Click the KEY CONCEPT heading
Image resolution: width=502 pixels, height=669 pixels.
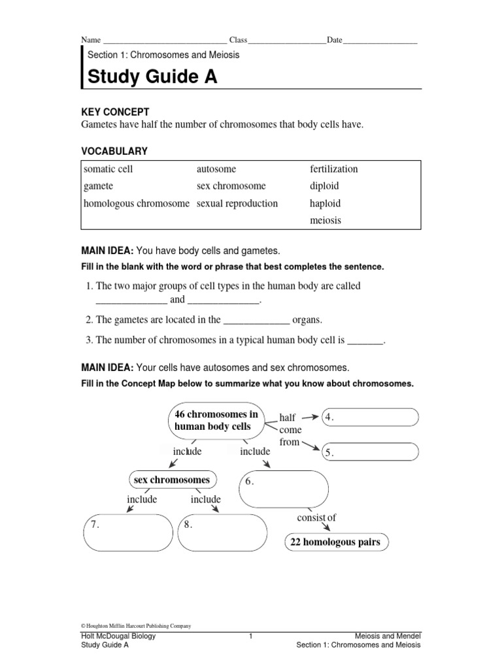(x=115, y=112)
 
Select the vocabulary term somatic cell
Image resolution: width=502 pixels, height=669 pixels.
(x=109, y=169)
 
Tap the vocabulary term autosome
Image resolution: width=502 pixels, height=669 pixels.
(x=216, y=169)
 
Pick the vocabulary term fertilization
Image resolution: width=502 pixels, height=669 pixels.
(x=334, y=169)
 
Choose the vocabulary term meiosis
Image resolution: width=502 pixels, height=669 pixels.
(x=326, y=220)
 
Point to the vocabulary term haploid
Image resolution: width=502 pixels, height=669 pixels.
(x=326, y=203)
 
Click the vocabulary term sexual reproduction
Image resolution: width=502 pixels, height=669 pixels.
(x=237, y=203)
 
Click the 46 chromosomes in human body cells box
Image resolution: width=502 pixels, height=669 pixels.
(x=216, y=421)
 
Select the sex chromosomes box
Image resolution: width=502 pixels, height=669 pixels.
(x=172, y=480)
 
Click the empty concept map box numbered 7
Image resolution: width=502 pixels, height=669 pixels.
(x=127, y=533)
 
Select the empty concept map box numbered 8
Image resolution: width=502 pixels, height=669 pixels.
(x=223, y=533)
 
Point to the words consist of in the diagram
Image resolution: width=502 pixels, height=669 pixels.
(x=316, y=518)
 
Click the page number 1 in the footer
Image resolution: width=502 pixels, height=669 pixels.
(x=251, y=636)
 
